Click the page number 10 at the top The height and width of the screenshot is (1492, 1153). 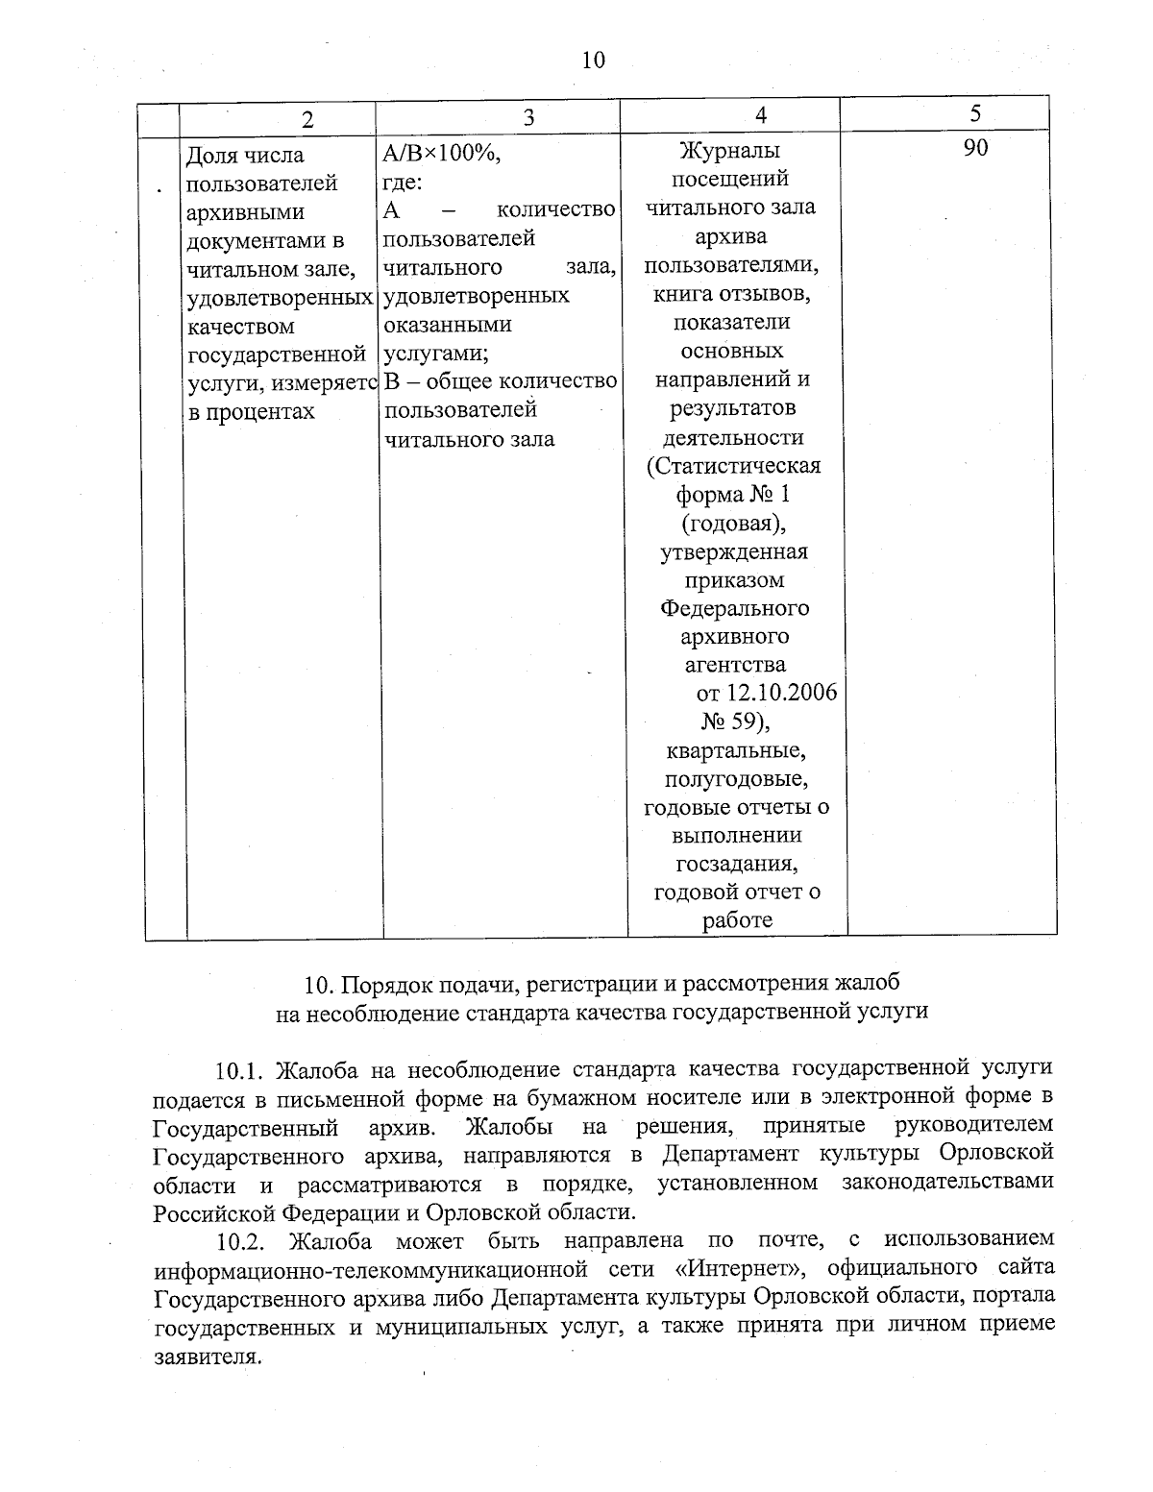tap(593, 61)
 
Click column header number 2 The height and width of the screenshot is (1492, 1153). tap(307, 120)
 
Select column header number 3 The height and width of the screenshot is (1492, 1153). tap(527, 117)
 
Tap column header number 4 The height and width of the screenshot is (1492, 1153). tap(761, 115)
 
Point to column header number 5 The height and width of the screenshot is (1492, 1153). tap(975, 114)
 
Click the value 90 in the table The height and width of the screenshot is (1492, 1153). tap(975, 148)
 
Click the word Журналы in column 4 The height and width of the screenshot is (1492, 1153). tap(729, 151)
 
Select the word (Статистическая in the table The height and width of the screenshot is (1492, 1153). tap(733, 466)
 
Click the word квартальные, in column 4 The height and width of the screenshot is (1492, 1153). tap(734, 749)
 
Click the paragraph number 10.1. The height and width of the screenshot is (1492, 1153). tap(239, 1069)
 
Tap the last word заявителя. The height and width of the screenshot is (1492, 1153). tap(208, 1357)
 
